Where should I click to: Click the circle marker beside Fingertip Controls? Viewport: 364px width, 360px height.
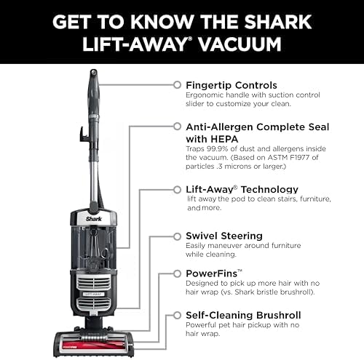(176, 85)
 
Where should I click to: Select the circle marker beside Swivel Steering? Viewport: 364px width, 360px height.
(176, 236)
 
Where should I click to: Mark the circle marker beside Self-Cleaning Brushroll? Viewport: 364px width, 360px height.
(176, 316)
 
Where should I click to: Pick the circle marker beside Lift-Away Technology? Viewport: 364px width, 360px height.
(176, 188)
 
